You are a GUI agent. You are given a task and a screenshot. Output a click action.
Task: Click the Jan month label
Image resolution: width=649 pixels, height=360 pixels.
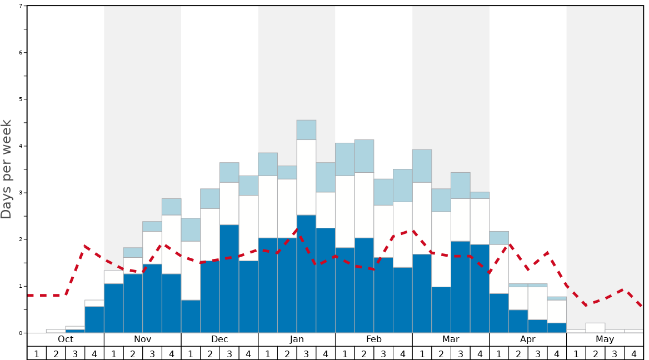[x=297, y=339]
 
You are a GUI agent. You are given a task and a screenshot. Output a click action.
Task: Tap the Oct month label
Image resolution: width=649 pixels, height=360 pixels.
[x=66, y=339]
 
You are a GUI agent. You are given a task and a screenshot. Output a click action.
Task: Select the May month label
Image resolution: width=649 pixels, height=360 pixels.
[x=605, y=339]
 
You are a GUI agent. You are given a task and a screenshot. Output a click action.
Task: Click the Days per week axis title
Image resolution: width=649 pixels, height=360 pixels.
[x=7, y=169]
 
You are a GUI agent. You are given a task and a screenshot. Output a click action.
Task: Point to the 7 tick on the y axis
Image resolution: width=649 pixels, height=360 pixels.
[x=21, y=6]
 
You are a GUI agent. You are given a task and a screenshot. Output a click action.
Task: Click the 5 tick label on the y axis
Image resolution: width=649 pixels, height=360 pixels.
[x=21, y=99]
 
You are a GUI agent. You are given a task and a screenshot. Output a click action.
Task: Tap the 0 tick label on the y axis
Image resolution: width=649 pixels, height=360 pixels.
[x=21, y=333]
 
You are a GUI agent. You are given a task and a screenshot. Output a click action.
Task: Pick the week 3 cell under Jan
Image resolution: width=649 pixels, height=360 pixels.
[x=306, y=353]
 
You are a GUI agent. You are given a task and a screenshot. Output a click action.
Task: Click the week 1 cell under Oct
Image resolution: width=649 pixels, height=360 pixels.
[x=37, y=353]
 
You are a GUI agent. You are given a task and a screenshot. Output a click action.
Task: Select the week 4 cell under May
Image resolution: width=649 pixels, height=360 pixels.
[x=634, y=353]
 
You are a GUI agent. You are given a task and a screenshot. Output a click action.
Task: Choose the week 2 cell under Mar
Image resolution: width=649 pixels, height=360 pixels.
[x=441, y=353]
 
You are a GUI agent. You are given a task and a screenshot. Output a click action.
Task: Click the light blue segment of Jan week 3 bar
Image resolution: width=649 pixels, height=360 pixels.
[x=306, y=130]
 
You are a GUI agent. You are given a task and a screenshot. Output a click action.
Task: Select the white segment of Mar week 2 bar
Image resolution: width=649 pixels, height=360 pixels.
[x=441, y=249]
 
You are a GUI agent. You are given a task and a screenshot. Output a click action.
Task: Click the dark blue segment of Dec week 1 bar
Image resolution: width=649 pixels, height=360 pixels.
[x=191, y=317]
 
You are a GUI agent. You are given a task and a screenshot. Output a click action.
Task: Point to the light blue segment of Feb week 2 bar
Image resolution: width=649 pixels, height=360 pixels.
[x=364, y=156]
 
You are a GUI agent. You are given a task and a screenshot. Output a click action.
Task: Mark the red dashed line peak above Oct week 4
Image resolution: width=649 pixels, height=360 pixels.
[x=85, y=246]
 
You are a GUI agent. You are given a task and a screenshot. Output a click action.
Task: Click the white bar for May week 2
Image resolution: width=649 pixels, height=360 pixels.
[x=595, y=328]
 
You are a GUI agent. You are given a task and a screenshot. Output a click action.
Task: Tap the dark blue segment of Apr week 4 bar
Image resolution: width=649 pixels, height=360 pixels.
[x=557, y=328]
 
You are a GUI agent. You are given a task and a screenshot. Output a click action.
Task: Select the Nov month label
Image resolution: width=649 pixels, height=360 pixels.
[x=143, y=339]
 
